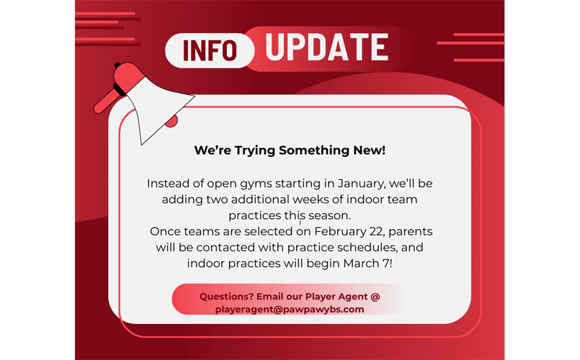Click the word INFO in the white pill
click(x=210, y=50)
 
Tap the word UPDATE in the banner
click(x=327, y=47)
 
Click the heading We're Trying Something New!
click(x=290, y=150)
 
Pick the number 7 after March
click(x=386, y=264)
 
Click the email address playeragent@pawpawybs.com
click(x=290, y=310)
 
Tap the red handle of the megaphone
click(x=105, y=102)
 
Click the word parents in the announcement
click(x=410, y=232)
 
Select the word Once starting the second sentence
click(x=165, y=231)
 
